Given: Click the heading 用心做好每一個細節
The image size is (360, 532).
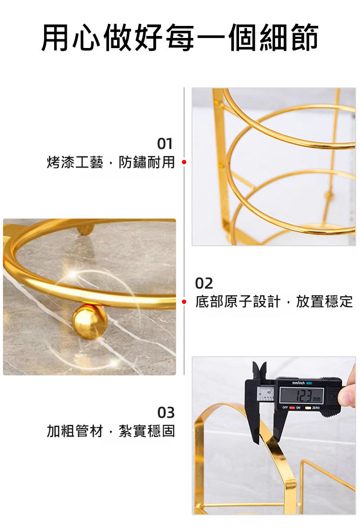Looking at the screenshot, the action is (180, 37).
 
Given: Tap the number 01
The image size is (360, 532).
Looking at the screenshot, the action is (165, 144).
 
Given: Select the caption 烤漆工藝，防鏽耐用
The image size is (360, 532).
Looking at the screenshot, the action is (110, 162).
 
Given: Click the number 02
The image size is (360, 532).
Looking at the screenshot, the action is (204, 283).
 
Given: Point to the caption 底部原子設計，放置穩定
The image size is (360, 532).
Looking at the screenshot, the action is (274, 301).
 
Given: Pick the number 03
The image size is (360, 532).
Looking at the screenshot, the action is (166, 412).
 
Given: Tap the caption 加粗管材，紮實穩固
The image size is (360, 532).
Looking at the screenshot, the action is (110, 431).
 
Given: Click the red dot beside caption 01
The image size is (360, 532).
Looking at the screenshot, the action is (184, 162).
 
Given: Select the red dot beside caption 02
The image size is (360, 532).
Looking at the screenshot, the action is (184, 301).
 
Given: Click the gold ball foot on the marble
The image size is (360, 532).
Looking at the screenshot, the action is (90, 321).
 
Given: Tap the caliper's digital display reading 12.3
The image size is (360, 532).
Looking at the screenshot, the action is (301, 396).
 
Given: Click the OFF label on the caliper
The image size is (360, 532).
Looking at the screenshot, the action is (285, 408).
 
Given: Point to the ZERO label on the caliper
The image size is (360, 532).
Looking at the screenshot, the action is (316, 408).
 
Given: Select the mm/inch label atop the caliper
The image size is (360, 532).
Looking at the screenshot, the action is (298, 383).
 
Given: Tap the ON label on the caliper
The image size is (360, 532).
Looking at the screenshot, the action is (298, 408).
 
